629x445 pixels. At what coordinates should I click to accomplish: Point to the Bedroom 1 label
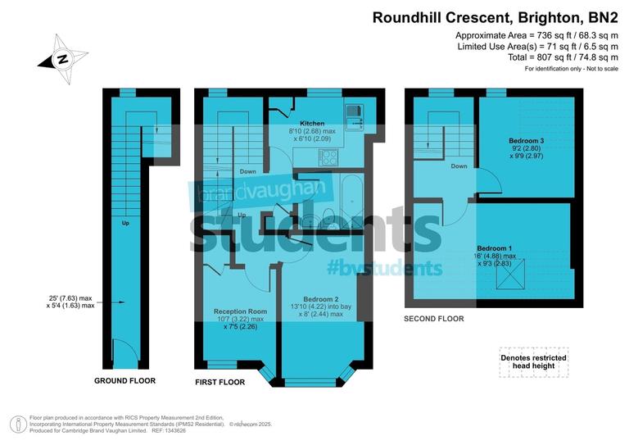(x=496, y=248)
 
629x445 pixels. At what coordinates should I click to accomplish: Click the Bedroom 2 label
(x=321, y=299)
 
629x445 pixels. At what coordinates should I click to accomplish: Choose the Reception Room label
(x=240, y=311)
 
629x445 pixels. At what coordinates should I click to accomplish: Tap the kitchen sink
(x=354, y=117)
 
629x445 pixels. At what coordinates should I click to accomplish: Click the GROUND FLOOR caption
(x=124, y=381)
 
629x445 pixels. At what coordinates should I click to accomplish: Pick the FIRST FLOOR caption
(x=219, y=383)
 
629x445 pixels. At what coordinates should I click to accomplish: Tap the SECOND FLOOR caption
(x=434, y=319)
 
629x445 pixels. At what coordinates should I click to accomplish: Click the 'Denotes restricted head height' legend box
(x=533, y=363)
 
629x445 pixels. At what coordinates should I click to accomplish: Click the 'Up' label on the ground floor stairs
(x=124, y=223)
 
